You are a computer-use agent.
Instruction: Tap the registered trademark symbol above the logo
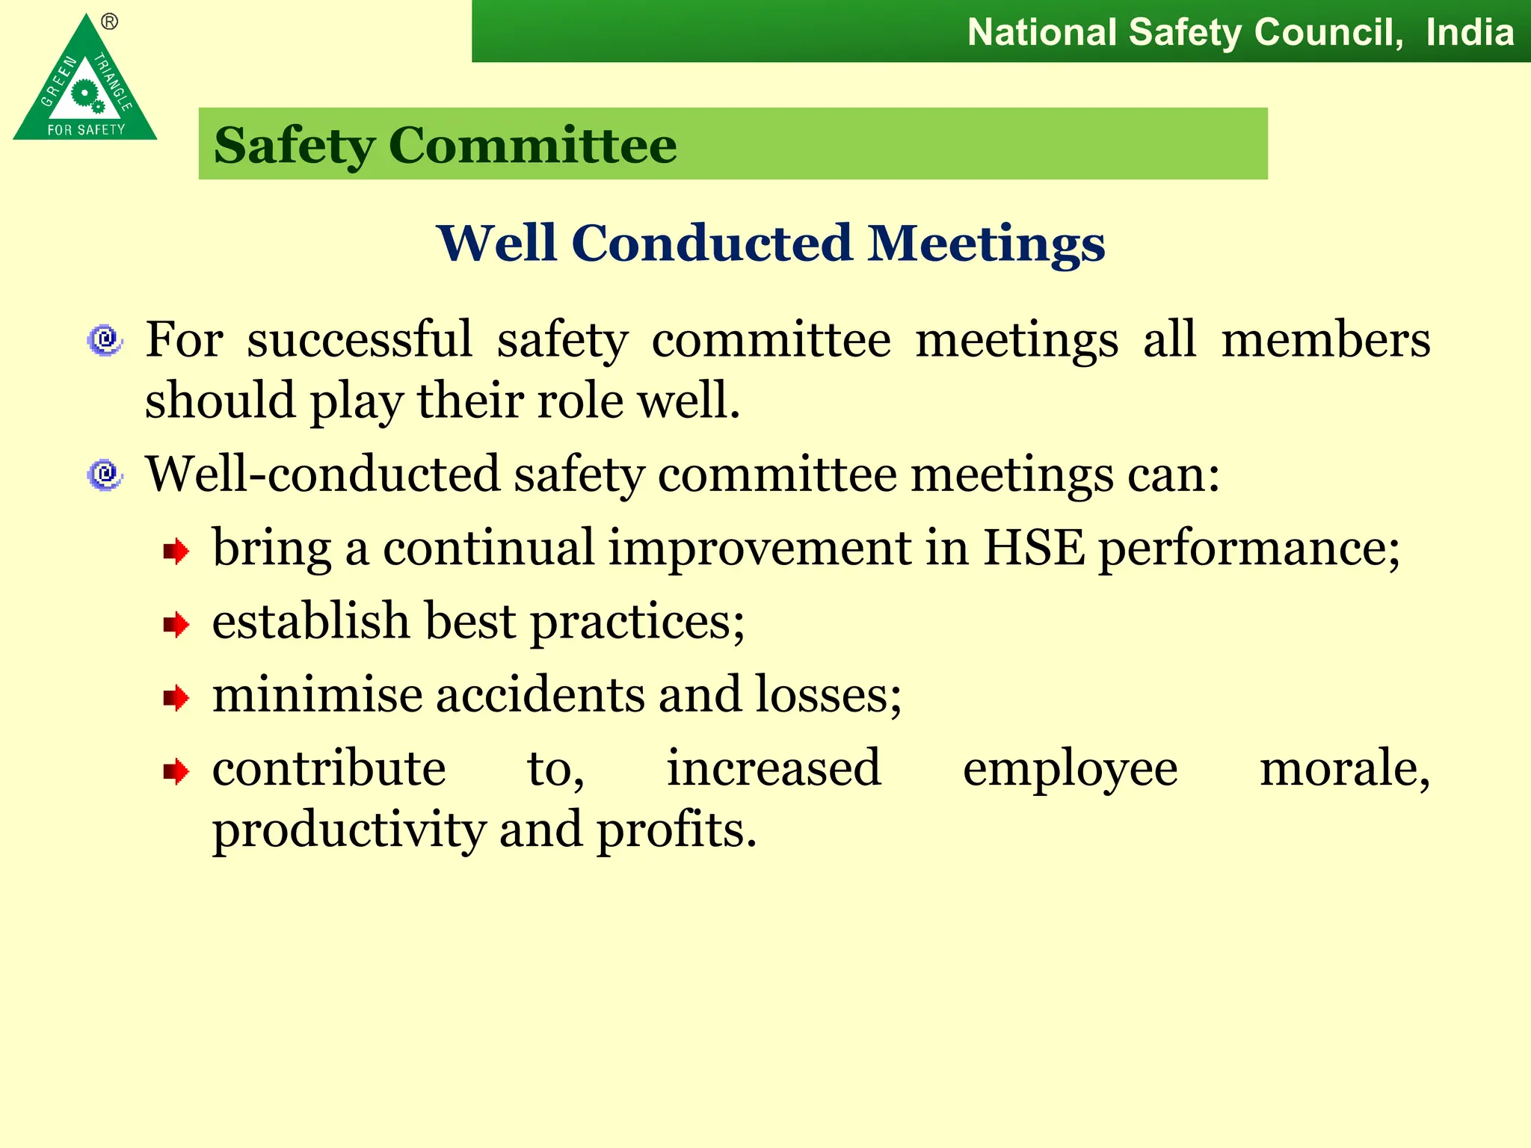pos(110,22)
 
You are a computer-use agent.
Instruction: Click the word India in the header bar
pos(1469,33)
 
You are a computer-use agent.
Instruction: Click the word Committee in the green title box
pos(532,145)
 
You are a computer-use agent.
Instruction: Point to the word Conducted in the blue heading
pos(711,244)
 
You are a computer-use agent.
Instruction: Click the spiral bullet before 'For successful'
pos(105,341)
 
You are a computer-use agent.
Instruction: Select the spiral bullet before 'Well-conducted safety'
pos(105,475)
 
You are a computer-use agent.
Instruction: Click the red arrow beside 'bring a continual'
pos(176,552)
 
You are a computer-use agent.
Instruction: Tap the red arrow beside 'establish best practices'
pos(176,625)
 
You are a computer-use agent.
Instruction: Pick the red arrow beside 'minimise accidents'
pos(176,698)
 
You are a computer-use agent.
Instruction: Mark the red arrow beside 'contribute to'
pos(176,771)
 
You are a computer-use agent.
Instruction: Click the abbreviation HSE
pos(1033,549)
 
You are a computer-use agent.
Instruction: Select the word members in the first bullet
pos(1325,341)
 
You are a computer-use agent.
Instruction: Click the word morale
pos(1344,768)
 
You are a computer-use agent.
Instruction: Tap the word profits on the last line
pos(676,831)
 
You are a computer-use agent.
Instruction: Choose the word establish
pos(311,622)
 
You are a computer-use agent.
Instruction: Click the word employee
pos(1070,770)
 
